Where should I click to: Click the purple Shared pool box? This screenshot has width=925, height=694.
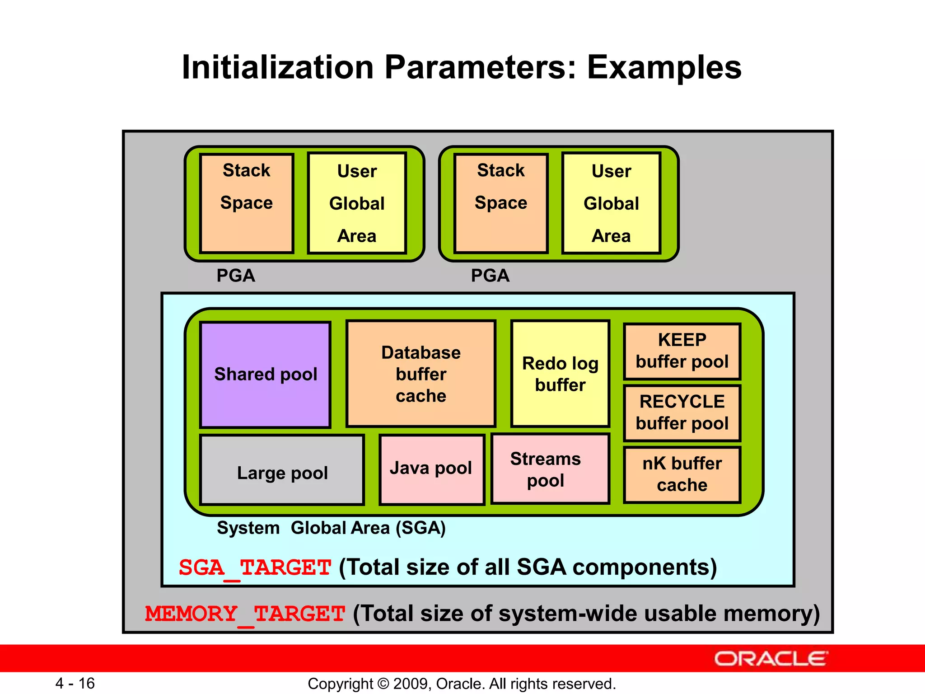266,375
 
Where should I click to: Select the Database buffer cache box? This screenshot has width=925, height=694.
421,374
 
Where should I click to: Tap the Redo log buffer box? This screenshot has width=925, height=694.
560,374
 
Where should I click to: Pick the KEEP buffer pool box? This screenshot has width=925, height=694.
682,351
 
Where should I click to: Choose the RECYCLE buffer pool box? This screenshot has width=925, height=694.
682,413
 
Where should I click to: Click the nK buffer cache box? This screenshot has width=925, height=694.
682,474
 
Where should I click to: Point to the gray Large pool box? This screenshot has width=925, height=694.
282,470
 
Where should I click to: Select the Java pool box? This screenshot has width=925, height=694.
431,469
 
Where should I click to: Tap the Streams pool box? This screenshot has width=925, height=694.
550,469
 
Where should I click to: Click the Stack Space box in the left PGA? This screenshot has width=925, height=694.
247,203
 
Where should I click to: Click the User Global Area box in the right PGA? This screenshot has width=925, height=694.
611,203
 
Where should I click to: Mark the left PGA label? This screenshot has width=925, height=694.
236,276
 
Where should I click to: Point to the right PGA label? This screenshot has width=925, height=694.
490,276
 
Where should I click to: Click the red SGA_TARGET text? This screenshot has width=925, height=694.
255,567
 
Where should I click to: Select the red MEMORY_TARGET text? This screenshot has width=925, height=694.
245,614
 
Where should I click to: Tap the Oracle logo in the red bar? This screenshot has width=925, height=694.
771,659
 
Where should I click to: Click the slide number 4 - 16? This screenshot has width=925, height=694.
75,683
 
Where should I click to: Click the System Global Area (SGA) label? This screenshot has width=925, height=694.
331,528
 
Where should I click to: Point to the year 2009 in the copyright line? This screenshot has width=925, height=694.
407,684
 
